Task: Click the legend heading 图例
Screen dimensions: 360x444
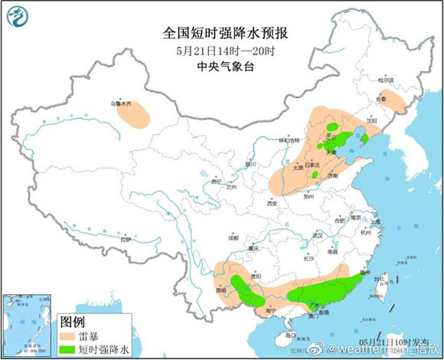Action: pos(72,321)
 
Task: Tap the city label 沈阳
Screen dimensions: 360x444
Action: pos(372,120)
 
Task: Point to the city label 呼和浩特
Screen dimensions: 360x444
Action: pos(289,140)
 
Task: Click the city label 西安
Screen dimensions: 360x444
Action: pos(271,204)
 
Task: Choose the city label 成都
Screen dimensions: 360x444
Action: pos(233,238)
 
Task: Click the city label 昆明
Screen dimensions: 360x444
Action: pos(221,290)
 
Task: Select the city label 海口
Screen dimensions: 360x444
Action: pos(290,335)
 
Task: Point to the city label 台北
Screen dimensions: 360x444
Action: pos(380,278)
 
